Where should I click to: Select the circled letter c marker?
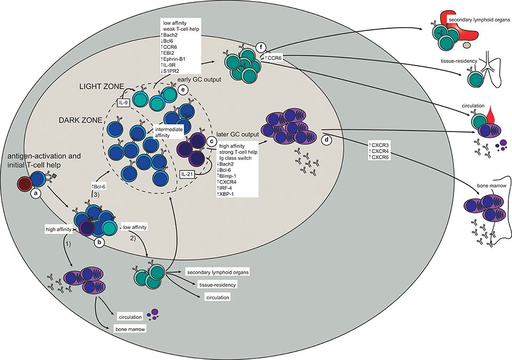click(x=212, y=141)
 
